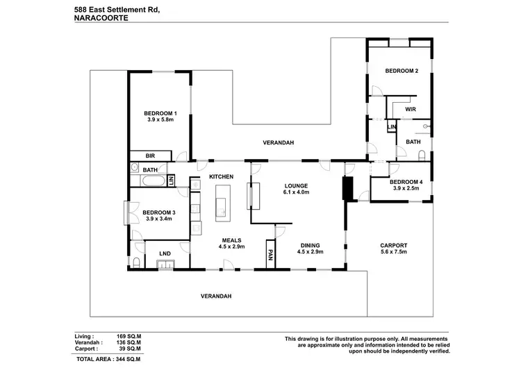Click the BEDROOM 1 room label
tap(160, 114)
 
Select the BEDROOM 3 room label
tap(159, 212)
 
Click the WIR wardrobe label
tap(410, 109)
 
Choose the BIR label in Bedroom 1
tap(149, 156)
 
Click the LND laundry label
tap(165, 253)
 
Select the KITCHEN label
tap(221, 177)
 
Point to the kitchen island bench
tap(224, 202)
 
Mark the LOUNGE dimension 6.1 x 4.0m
tap(296, 192)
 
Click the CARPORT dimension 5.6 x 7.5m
tap(393, 253)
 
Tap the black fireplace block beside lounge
tap(348, 187)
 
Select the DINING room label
tap(310, 245)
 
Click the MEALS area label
tap(231, 240)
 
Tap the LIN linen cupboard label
tap(392, 127)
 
